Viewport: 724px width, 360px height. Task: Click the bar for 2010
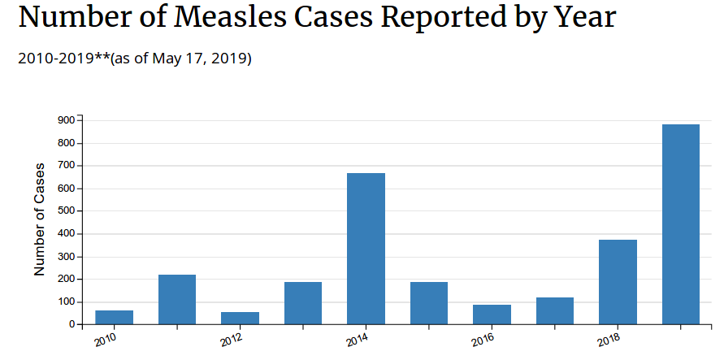[x=114, y=317]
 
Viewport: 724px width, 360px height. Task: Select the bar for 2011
[x=177, y=299]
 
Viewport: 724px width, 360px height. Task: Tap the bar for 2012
[x=240, y=318]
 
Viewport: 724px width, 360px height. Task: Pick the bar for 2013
[x=303, y=303]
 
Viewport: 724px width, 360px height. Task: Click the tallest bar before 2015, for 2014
[x=366, y=249]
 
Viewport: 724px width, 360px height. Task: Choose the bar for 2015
[x=429, y=303]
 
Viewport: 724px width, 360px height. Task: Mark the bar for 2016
[x=492, y=314]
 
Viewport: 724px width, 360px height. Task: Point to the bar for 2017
[x=555, y=310]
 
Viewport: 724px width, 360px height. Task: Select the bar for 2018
[x=618, y=282]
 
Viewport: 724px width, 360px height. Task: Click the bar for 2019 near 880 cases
[x=681, y=224]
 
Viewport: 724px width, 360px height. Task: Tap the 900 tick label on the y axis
[x=67, y=120]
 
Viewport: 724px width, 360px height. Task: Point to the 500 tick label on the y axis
[x=67, y=211]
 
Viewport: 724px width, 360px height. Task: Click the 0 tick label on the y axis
[x=72, y=324]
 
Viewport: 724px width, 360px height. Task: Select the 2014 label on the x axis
[x=357, y=339]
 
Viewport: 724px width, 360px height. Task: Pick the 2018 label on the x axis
[x=609, y=339]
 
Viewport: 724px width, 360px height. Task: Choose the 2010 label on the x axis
[x=105, y=339]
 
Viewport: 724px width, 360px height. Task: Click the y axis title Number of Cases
[x=39, y=219]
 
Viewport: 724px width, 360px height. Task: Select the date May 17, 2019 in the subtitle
[x=206, y=59]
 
